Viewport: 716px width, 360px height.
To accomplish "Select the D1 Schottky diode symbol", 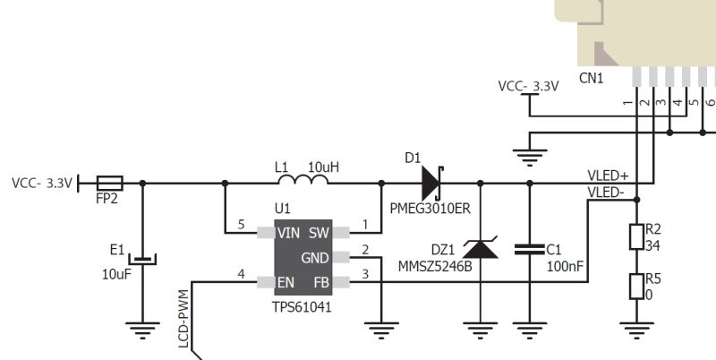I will coord(431,184).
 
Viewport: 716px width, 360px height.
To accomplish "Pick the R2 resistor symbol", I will coord(635,236).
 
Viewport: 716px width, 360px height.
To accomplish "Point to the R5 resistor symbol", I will coord(635,286).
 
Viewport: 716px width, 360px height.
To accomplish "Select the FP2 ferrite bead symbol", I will coord(108,184).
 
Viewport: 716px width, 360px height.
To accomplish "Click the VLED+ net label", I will coord(608,176).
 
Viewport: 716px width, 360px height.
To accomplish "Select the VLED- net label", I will coord(608,192).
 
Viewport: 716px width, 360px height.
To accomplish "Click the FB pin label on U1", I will coord(320,282).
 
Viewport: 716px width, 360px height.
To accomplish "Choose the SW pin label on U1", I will coord(319,233).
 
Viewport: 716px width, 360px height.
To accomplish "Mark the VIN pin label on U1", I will coord(289,233).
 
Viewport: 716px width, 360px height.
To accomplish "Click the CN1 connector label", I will coord(591,79).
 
